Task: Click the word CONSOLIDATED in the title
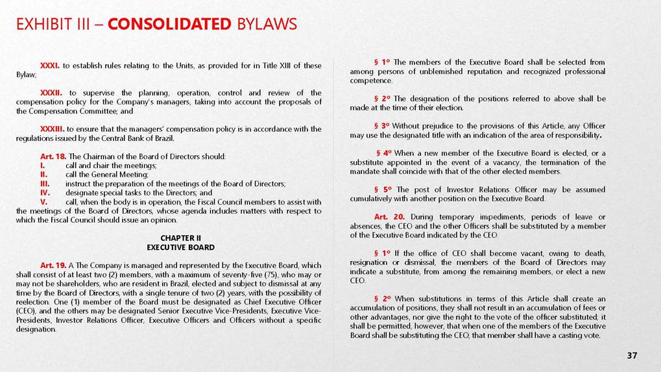coord(169,25)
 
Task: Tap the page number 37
coord(632,356)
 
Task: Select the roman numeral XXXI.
coord(49,66)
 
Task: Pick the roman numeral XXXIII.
coord(52,129)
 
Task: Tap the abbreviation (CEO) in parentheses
coord(25,311)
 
